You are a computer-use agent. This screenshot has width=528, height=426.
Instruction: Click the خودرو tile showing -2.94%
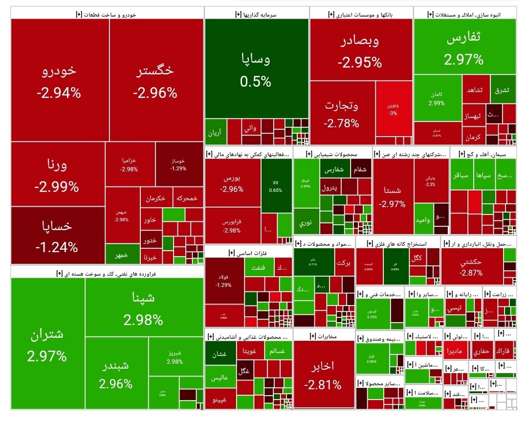coord(59,80)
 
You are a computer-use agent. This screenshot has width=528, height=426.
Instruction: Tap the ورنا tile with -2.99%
coord(57,174)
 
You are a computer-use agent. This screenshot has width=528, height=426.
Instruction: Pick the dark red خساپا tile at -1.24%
coord(57,236)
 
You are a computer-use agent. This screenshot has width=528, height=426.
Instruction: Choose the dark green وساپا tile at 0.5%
coord(256,69)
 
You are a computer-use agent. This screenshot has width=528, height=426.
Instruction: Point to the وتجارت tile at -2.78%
coord(342,113)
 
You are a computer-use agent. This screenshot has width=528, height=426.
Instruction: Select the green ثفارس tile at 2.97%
coord(464,49)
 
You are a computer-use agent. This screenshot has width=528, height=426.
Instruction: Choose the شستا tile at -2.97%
coord(393,196)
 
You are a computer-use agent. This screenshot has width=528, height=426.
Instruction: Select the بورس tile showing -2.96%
coord(232,183)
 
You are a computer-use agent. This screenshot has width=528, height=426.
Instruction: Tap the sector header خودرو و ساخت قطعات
coord(107,15)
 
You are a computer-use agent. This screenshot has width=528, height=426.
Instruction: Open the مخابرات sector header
coord(324,336)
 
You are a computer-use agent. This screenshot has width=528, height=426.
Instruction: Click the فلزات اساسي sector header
coord(248,253)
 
